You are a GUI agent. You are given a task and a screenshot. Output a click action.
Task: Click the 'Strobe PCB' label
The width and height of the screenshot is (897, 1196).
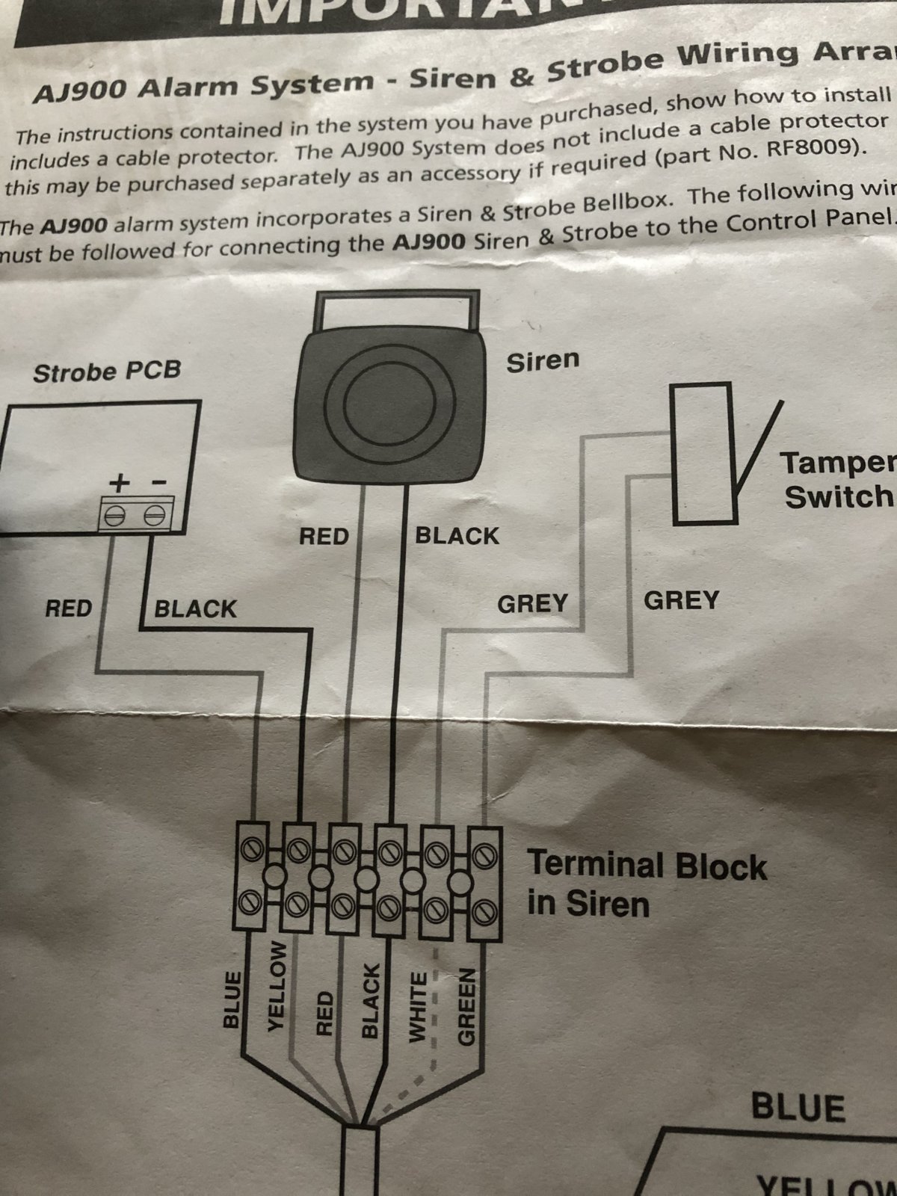107,372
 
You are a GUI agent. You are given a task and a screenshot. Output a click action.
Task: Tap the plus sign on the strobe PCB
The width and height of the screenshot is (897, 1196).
118,484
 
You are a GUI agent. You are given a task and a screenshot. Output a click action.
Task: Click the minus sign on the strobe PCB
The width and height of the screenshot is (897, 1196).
158,483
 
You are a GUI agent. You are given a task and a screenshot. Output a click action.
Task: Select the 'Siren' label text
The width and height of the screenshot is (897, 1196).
543,361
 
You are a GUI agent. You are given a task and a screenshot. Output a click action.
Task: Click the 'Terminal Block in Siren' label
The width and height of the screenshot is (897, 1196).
647,884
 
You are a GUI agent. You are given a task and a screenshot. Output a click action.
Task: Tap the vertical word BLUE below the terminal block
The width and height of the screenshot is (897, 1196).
233,999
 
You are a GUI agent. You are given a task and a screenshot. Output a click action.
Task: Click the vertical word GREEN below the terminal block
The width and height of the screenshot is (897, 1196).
466,1006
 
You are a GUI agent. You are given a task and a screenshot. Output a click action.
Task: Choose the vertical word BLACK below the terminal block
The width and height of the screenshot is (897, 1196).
370,1000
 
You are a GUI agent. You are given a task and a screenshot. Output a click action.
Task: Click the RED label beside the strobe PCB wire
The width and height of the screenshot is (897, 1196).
68,608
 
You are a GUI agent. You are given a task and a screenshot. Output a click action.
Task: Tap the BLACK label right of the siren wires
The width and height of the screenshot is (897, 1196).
457,536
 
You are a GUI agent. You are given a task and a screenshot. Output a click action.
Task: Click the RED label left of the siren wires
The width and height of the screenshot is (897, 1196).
324,536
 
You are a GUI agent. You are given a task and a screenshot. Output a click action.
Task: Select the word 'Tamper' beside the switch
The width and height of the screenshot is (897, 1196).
837,463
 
